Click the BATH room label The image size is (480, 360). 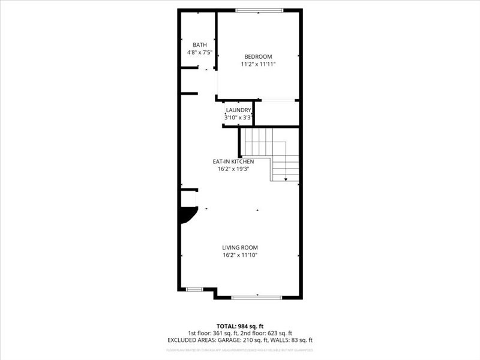click(200, 45)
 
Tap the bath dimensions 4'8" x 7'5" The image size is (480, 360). click(200, 53)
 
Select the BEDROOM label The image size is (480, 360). click(258, 56)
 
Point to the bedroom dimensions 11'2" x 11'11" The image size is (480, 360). click(258, 64)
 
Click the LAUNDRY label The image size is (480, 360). click(238, 110)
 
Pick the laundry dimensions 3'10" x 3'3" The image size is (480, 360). click(238, 118)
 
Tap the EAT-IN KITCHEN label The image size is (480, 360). click(233, 161)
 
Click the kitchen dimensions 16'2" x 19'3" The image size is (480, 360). click(233, 169)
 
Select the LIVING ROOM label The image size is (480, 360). click(240, 248)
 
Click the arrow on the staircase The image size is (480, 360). click(286, 177)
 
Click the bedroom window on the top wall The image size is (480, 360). click(259, 10)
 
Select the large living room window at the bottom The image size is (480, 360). click(256, 297)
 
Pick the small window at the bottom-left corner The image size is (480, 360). click(194, 289)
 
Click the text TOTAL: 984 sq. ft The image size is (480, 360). click(240, 326)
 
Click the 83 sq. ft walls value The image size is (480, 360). click(301, 340)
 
